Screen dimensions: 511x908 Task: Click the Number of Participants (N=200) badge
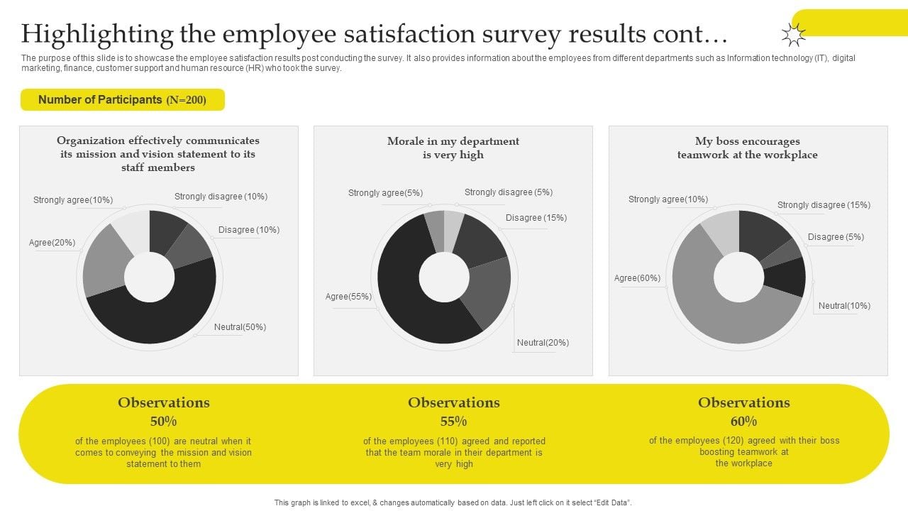(x=122, y=100)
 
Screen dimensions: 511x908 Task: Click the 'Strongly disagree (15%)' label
(x=824, y=205)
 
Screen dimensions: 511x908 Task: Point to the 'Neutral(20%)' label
(x=543, y=343)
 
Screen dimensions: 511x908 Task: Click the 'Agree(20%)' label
(x=52, y=243)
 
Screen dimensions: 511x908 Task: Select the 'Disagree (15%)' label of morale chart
(x=536, y=218)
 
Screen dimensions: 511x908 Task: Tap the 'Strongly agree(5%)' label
(x=385, y=193)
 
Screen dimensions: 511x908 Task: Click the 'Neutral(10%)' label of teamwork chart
(x=844, y=306)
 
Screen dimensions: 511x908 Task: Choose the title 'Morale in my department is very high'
(x=453, y=148)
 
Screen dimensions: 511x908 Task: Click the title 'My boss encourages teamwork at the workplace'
(x=747, y=148)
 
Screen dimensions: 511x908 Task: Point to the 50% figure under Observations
(x=163, y=421)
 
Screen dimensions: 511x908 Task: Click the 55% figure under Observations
(x=453, y=421)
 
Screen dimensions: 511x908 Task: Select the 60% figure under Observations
(x=743, y=421)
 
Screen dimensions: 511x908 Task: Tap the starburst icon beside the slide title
(x=793, y=35)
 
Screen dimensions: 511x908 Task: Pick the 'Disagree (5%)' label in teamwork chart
(x=836, y=237)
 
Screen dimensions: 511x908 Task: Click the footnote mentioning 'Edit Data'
(x=453, y=502)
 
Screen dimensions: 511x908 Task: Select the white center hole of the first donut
(x=149, y=277)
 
